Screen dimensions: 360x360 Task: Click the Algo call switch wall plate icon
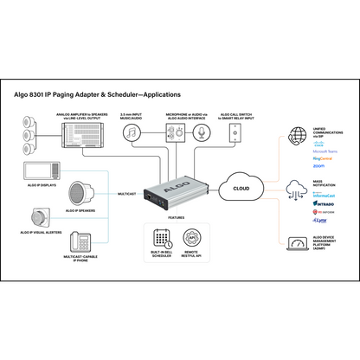pyautogui.click(x=235, y=132)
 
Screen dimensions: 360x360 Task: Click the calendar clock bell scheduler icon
pyautogui.click(x=162, y=239)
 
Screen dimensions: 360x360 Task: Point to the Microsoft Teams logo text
pyautogui.click(x=325, y=151)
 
